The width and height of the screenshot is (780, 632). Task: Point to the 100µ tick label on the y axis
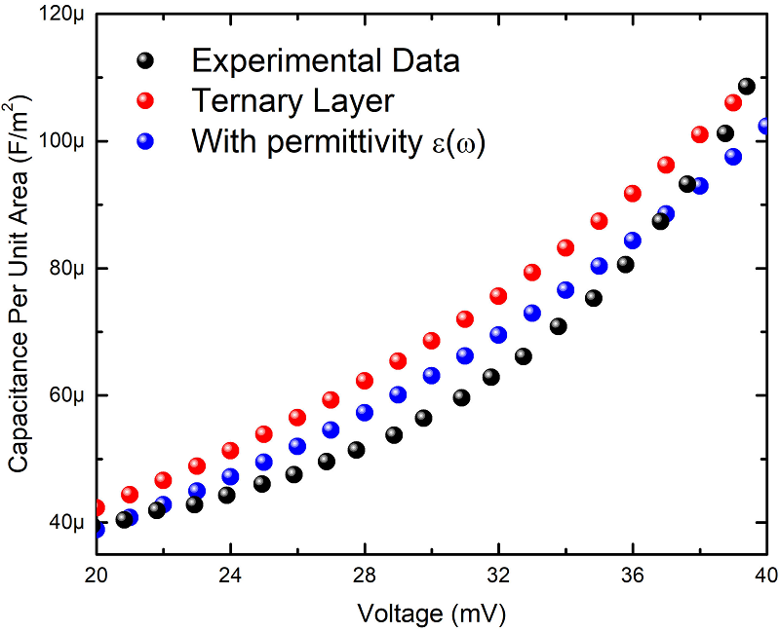pos(62,141)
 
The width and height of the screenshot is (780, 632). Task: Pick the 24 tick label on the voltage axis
pos(231,575)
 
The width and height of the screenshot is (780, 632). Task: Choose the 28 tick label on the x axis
pos(365,575)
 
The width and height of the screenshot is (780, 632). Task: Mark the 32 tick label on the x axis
pos(499,575)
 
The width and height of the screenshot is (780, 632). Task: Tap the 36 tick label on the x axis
pos(633,575)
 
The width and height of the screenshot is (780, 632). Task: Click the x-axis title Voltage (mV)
pos(432,613)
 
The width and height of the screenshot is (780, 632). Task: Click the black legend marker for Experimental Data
pos(145,60)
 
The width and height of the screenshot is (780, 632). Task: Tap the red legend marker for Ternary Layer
pos(145,100)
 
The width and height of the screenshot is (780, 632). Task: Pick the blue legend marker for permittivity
pos(145,140)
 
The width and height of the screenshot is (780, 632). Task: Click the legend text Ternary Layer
pos(292,100)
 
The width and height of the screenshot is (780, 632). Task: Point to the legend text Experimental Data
pos(326,60)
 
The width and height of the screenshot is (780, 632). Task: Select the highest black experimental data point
pos(747,86)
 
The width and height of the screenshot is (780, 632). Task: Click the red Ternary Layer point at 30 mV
pos(431,341)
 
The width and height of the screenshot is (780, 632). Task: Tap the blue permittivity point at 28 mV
pos(365,413)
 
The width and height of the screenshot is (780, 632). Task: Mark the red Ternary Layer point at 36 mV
pos(633,193)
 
